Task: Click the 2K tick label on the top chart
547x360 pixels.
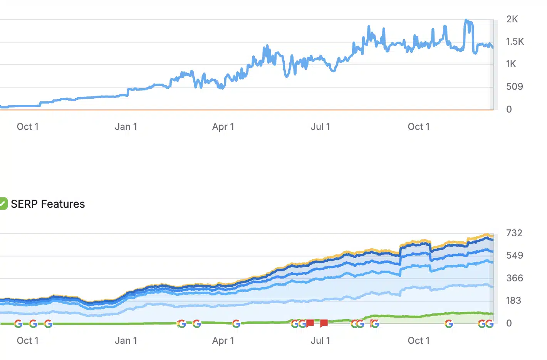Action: (512, 19)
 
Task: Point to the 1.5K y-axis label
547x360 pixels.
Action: (515, 42)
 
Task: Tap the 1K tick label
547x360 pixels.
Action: (511, 64)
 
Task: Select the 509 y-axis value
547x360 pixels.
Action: (514, 87)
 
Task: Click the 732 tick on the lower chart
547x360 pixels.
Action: (514, 233)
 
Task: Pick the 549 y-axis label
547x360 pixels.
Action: (514, 256)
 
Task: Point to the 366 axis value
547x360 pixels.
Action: (514, 278)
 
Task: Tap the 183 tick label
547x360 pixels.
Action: (513, 301)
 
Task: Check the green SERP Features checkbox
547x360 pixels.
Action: (3, 204)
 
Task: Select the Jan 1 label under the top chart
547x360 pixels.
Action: (126, 127)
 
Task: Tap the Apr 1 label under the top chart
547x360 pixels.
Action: (223, 127)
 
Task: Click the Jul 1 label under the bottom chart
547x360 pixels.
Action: (320, 341)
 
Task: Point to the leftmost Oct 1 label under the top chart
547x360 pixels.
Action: (28, 127)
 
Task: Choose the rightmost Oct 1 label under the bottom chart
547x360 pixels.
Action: (418, 341)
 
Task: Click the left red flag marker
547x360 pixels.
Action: (310, 323)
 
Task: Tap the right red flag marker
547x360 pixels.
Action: (324, 323)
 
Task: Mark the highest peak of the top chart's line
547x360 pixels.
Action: (466, 20)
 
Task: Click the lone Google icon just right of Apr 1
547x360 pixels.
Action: (236, 324)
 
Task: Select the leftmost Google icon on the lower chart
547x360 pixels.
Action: (18, 324)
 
